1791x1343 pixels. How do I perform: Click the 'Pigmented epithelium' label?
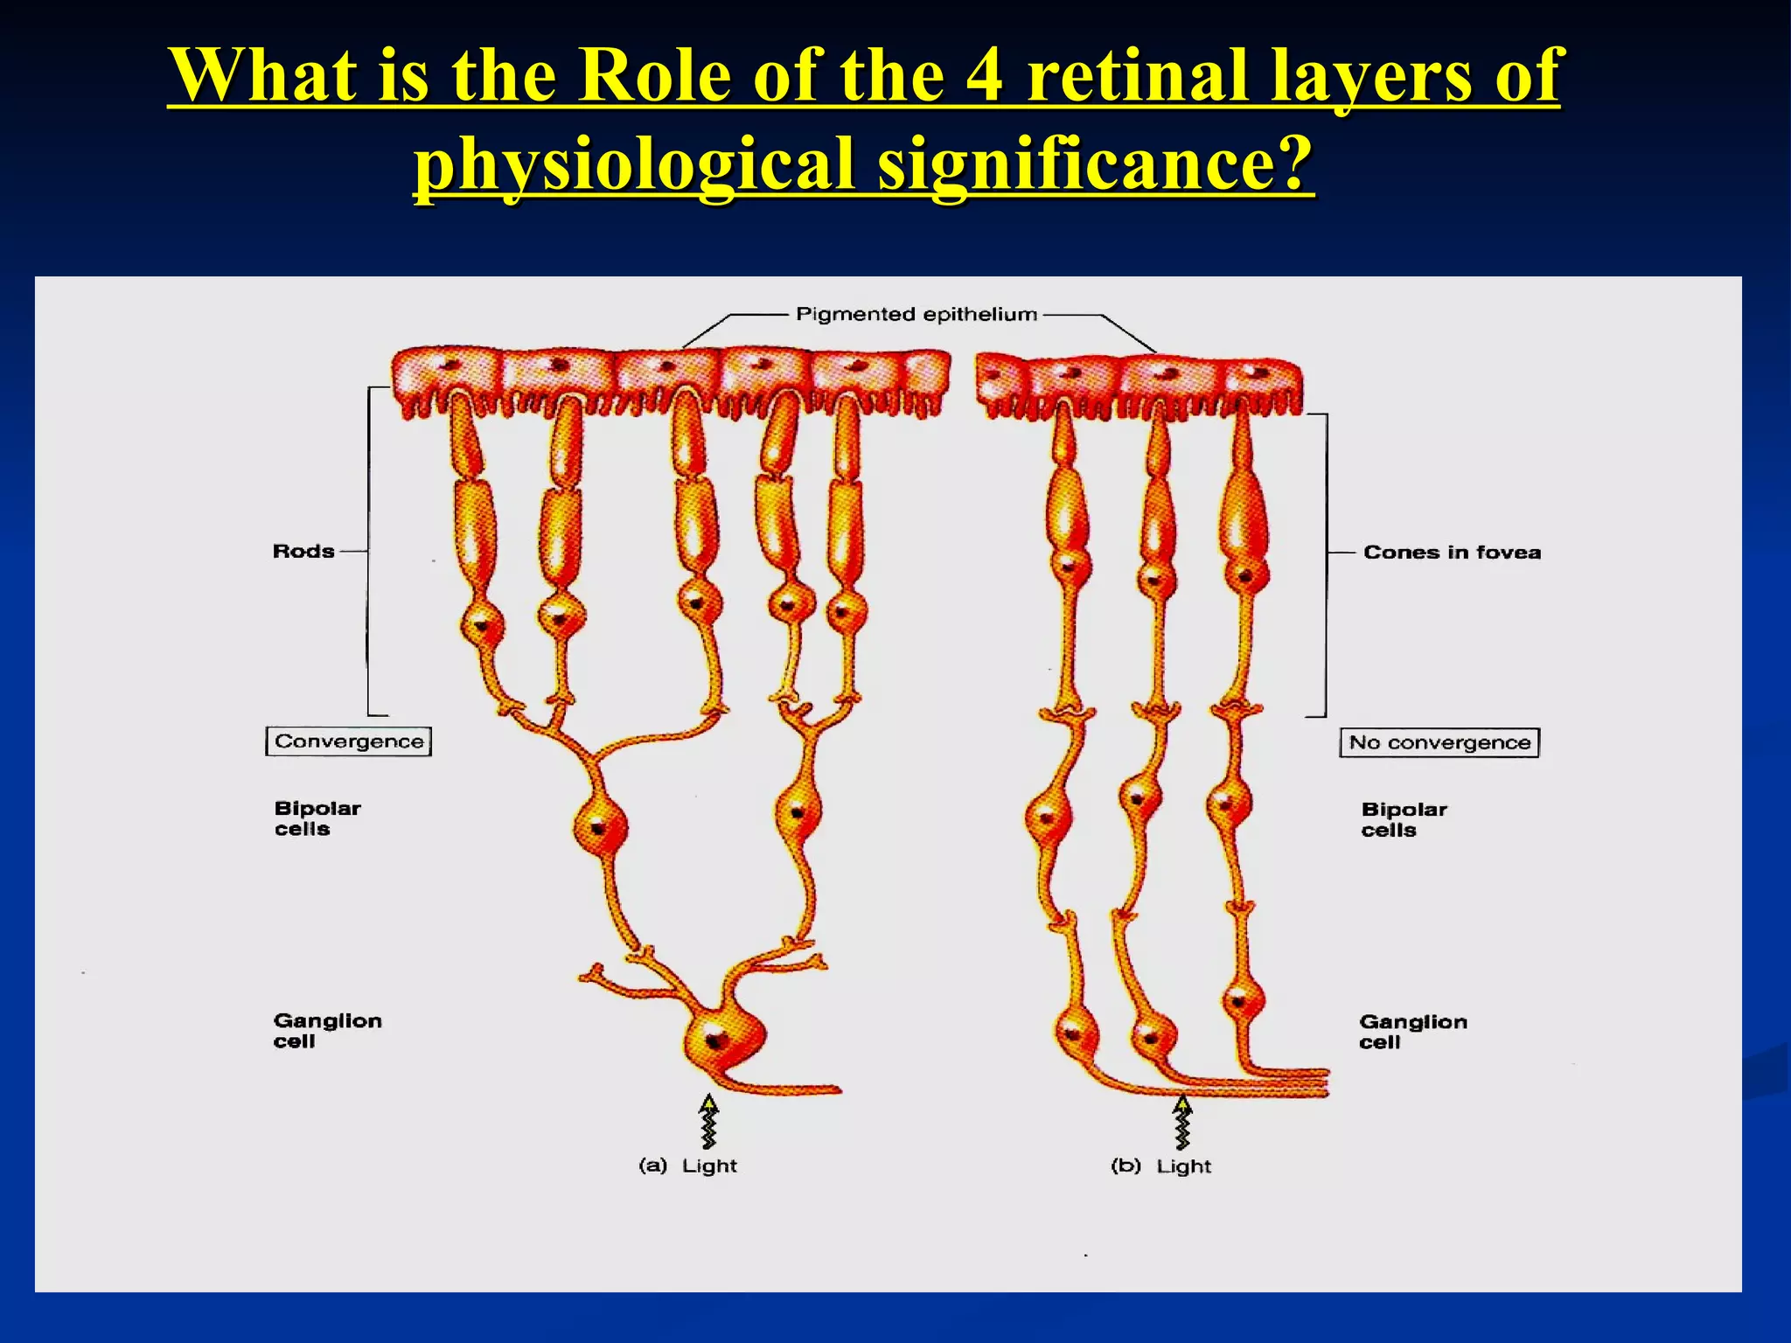[x=916, y=314]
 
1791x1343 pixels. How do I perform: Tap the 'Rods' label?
[x=303, y=552]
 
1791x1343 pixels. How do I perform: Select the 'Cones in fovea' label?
[x=1452, y=553]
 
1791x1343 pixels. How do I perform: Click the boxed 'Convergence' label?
[x=348, y=741]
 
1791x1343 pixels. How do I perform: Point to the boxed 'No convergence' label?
[x=1439, y=742]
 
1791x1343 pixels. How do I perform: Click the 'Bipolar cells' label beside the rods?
[x=317, y=818]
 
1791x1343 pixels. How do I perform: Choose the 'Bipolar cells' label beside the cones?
[x=1403, y=819]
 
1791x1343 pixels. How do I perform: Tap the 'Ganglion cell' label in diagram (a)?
[x=326, y=1031]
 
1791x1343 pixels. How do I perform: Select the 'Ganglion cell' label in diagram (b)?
[x=1411, y=1032]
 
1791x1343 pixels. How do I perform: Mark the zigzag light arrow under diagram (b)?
[x=1182, y=1123]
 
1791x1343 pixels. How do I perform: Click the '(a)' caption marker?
[x=652, y=1166]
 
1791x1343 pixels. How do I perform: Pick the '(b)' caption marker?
[x=1125, y=1166]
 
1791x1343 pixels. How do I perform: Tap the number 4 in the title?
[x=984, y=75]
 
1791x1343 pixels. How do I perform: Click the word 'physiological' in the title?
[x=632, y=163]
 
